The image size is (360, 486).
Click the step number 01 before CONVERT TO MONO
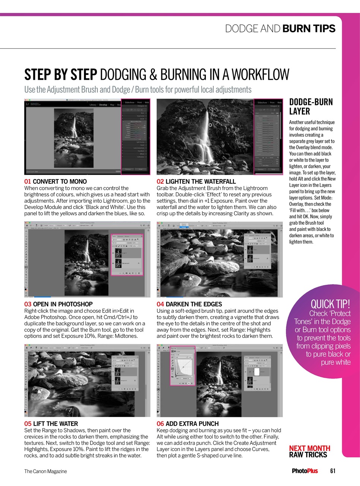click(28, 181)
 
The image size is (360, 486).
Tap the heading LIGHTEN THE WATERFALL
click(201, 181)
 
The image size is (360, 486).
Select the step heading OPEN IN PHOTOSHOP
click(63, 304)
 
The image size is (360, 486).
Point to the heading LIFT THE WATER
click(55, 424)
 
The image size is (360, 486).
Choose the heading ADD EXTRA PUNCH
click(192, 424)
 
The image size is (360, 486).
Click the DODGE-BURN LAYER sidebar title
click(311, 107)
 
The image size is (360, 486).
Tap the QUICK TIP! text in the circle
click(330, 304)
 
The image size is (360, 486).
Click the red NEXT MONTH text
click(309, 448)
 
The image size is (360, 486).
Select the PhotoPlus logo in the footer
click(305, 471)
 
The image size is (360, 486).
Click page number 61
click(333, 471)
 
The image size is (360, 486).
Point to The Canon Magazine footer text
click(46, 471)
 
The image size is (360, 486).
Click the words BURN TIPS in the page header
click(309, 28)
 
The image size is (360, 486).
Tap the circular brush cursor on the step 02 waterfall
click(210, 125)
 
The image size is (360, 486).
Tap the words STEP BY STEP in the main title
click(61, 75)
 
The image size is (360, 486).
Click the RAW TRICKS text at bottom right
click(308, 455)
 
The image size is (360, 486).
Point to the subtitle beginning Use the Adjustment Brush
click(137, 90)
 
